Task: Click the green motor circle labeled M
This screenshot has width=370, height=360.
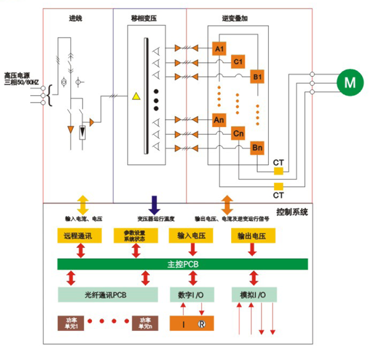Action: [348, 82]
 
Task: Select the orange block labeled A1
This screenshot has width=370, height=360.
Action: [220, 48]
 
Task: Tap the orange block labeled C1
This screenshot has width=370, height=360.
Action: [238, 62]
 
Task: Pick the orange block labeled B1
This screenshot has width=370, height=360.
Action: [257, 77]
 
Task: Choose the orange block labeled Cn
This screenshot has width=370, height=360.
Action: [238, 134]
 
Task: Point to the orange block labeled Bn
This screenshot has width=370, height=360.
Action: [257, 148]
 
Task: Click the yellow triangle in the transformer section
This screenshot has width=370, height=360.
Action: [136, 96]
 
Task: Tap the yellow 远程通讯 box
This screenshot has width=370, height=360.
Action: [77, 237]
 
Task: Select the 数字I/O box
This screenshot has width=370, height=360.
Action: [192, 295]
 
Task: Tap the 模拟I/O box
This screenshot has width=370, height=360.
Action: [253, 295]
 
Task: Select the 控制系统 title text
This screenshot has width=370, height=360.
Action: [292, 212]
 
